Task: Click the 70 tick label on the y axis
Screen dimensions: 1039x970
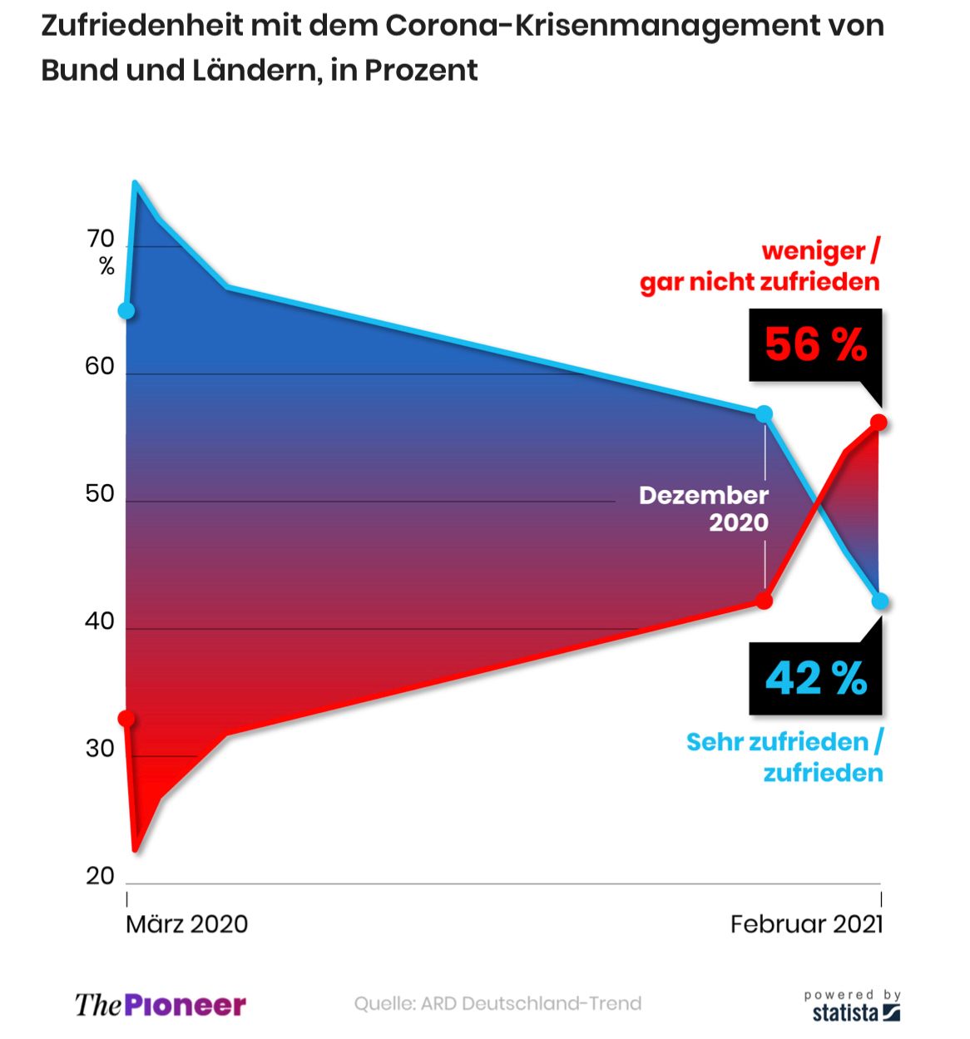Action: [101, 240]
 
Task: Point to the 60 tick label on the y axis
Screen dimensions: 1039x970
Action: [100, 366]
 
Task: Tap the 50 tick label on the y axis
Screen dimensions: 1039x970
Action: [100, 493]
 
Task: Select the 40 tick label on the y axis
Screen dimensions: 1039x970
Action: [100, 621]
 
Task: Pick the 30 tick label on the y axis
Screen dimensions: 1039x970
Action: [100, 749]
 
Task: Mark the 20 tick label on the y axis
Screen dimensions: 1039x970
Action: [100, 876]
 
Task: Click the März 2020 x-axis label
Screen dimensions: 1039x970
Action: [187, 924]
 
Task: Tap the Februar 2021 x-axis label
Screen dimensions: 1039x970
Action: [806, 924]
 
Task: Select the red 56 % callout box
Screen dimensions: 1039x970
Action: [815, 345]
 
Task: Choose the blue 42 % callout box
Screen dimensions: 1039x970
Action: [815, 678]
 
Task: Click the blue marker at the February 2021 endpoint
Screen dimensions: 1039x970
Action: [880, 601]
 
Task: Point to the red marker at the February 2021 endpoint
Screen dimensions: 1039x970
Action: [878, 423]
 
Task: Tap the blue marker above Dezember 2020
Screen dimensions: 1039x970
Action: [764, 413]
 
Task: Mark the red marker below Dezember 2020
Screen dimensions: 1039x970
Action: [764, 600]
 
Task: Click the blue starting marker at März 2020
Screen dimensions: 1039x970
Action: [126, 311]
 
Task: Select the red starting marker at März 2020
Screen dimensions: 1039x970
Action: [126, 718]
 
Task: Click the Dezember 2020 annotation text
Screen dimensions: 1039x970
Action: [705, 508]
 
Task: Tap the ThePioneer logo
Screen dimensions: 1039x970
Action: [161, 1005]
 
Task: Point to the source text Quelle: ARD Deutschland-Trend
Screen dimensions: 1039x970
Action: [497, 1003]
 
